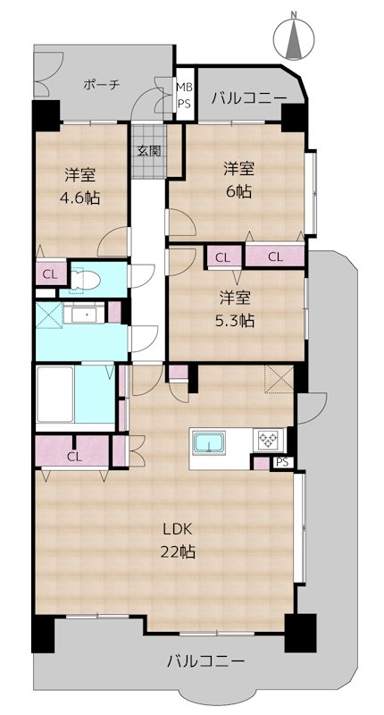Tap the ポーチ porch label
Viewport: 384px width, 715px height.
101,84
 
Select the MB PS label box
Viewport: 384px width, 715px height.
183,96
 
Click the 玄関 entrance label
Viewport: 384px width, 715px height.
148,150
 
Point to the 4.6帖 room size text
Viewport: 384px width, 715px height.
80,198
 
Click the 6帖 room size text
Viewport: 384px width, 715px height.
238,191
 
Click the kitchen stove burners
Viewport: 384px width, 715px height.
268,440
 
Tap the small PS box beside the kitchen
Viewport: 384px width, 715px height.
281,462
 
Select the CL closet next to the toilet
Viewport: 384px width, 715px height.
47,274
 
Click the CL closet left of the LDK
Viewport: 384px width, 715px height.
73,456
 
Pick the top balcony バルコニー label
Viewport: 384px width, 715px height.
248,99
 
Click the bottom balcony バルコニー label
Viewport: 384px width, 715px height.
205,661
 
